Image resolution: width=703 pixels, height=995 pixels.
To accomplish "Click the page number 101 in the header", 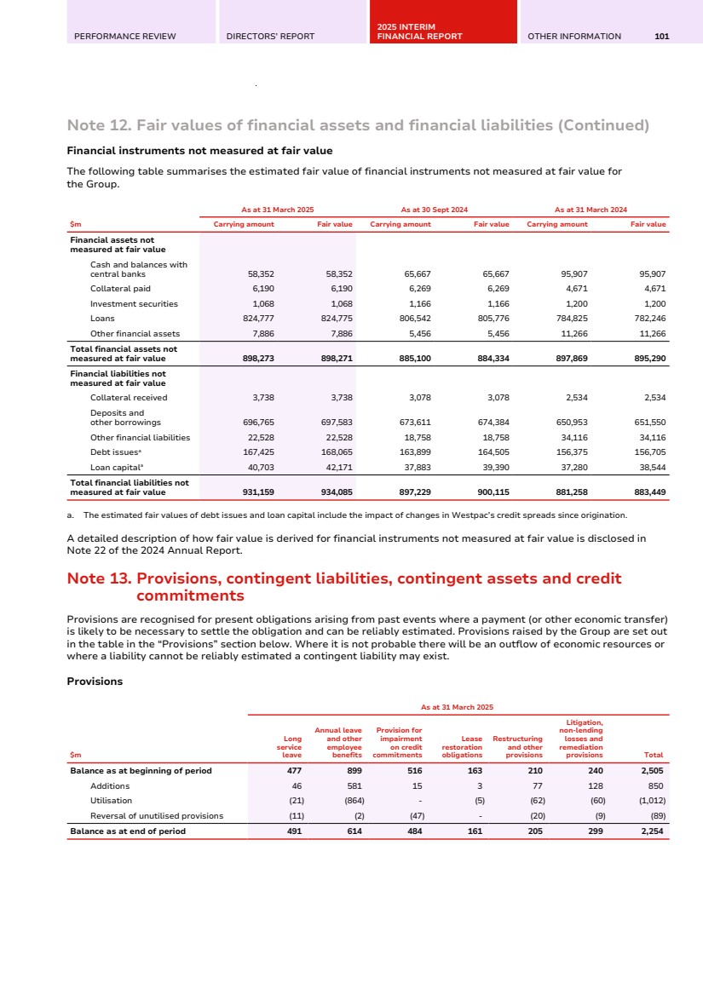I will pos(662,36).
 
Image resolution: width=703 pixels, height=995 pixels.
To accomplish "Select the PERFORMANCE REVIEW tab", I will pos(124,36).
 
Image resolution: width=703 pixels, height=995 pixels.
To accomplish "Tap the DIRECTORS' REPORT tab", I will pos(270,36).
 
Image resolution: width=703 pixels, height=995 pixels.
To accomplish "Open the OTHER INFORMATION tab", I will pos(574,36).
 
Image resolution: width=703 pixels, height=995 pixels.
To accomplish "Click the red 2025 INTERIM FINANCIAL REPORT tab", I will pos(419,32).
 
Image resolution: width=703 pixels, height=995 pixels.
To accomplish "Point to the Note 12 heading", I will pos(358,126).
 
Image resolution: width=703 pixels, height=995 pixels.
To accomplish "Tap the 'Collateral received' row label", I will pos(129,397).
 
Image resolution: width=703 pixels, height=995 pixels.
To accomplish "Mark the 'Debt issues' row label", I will pos(111,452).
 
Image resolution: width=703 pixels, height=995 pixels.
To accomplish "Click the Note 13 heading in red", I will pos(344,587).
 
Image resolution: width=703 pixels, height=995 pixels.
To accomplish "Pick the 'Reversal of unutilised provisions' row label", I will pos(156,815).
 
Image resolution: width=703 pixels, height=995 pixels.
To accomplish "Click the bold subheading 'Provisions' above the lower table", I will pos(95,682).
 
